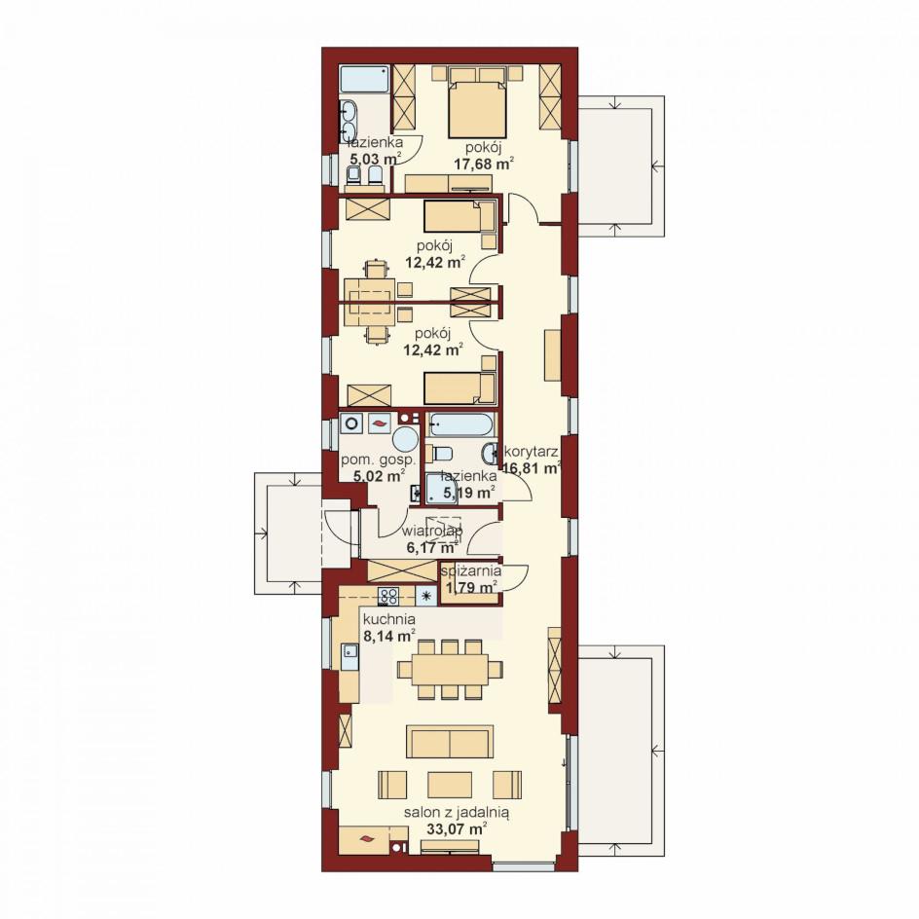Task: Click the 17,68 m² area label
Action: pyautogui.click(x=484, y=164)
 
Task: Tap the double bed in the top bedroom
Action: pyautogui.click(x=477, y=105)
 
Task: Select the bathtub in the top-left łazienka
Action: pyautogui.click(x=365, y=79)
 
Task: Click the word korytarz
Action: pyautogui.click(x=531, y=452)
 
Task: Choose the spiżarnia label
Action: pyautogui.click(x=472, y=570)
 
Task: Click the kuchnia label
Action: pyautogui.click(x=389, y=619)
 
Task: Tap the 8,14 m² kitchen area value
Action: pyautogui.click(x=389, y=636)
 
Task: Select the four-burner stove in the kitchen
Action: pyautogui.click(x=388, y=596)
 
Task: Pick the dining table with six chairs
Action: pyautogui.click(x=450, y=669)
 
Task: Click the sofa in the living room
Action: pyautogui.click(x=450, y=743)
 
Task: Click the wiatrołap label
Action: pyautogui.click(x=432, y=531)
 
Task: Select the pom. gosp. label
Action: pyautogui.click(x=378, y=459)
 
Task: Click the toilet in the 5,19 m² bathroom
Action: pyautogui.click(x=440, y=453)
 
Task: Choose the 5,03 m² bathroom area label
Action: pyautogui.click(x=375, y=159)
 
